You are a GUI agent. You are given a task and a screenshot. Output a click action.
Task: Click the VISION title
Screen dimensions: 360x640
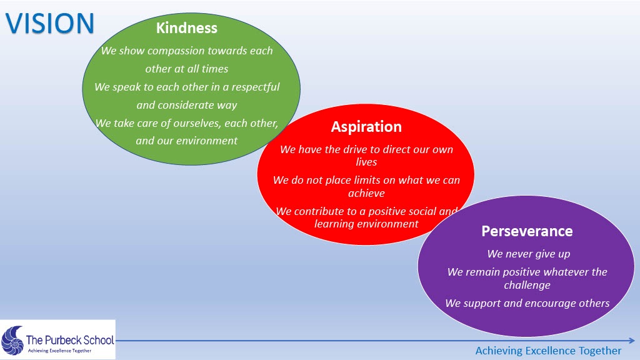click(x=50, y=22)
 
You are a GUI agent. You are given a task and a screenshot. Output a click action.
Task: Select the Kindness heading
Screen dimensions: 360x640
click(x=186, y=27)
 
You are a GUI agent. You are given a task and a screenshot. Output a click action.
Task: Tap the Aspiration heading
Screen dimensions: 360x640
click(x=366, y=126)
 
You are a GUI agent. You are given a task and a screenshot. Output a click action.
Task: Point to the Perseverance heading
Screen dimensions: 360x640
click(x=527, y=231)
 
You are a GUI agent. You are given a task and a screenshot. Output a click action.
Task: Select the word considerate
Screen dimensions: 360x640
click(x=189, y=105)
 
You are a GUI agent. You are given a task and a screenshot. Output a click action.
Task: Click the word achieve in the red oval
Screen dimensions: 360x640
click(x=366, y=193)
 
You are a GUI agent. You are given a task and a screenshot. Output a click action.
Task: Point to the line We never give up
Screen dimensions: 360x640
click(x=528, y=254)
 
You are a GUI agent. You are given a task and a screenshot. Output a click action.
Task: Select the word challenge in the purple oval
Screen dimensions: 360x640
click(x=527, y=285)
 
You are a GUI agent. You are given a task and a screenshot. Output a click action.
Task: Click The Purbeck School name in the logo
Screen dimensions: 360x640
click(x=69, y=340)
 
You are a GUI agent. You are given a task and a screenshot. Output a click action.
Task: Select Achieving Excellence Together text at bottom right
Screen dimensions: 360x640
click(x=548, y=351)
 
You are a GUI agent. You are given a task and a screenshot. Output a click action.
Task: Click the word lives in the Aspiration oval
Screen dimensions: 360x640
click(x=366, y=162)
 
